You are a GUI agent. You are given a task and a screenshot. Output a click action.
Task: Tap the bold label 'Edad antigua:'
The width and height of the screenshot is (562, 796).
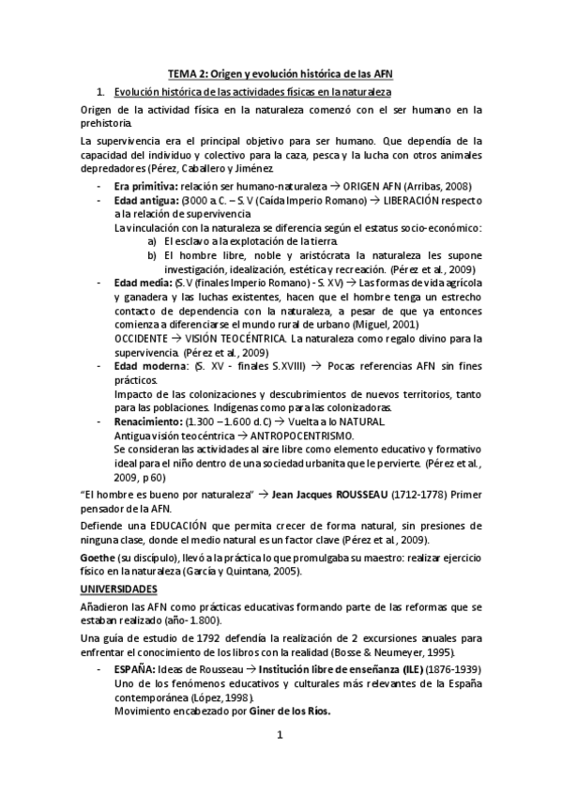(x=146, y=201)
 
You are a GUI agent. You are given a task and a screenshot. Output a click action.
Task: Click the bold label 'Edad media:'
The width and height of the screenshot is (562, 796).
(x=142, y=283)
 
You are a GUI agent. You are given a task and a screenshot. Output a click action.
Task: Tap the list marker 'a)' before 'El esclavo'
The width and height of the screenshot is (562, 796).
(x=152, y=241)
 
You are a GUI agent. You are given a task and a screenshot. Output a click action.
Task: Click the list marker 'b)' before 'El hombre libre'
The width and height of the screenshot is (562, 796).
(x=152, y=255)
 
